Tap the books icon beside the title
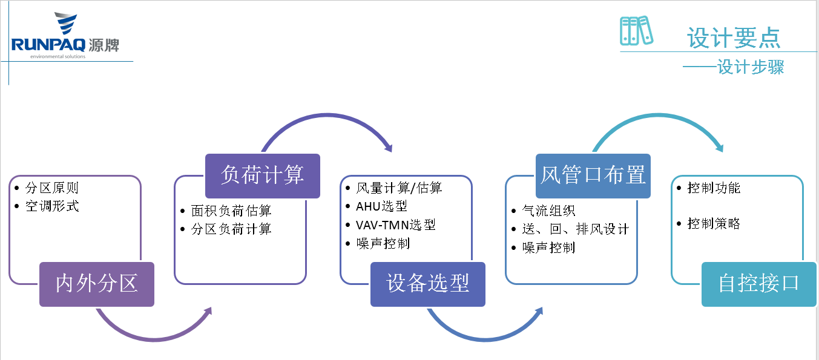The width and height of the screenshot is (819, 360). click(636, 30)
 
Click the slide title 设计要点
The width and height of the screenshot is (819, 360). click(734, 38)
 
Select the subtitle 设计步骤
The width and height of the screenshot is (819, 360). click(751, 67)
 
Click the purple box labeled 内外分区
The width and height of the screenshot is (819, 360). click(97, 284)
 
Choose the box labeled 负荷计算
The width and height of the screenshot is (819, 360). click(262, 175)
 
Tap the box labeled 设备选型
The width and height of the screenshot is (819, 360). click(427, 284)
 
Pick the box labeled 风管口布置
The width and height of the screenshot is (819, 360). click(593, 175)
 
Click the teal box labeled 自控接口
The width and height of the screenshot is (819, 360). click(758, 284)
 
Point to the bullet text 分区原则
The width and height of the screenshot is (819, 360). click(52, 188)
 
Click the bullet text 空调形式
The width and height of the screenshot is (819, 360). click(52, 206)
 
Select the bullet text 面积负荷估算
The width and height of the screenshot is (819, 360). click(231, 211)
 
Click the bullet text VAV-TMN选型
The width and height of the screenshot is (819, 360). click(396, 224)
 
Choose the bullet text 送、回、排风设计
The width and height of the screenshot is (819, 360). click(575, 229)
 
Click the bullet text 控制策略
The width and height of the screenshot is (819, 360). click(714, 224)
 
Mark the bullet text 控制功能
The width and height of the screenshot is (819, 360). click(714, 188)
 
